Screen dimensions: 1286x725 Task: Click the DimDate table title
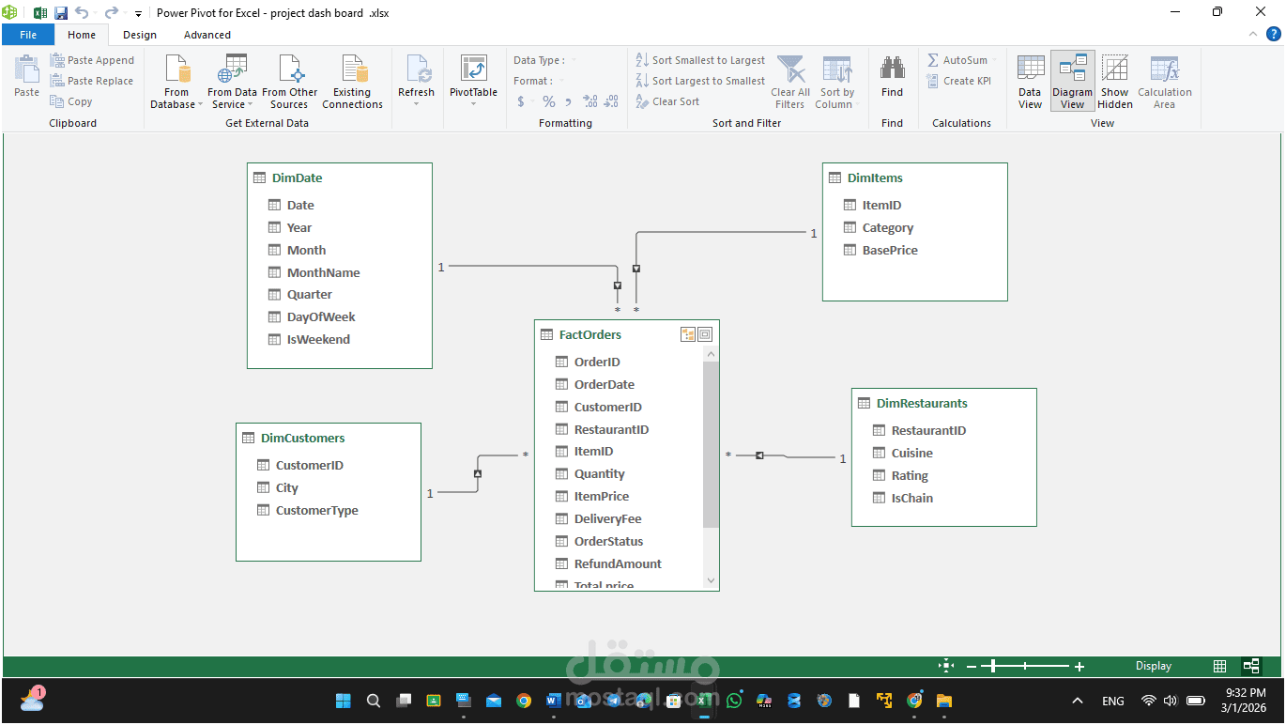point(297,178)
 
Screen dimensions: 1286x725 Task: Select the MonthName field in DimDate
point(323,273)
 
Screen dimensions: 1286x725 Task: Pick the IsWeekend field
point(318,340)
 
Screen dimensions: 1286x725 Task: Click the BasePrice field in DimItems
point(890,251)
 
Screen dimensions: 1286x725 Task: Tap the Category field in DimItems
point(888,228)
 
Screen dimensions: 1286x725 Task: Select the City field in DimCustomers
point(286,487)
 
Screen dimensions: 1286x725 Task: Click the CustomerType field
point(317,510)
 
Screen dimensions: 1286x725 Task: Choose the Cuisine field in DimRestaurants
point(911,454)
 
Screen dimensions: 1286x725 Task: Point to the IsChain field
point(911,498)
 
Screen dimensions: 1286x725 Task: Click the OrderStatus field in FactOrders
point(608,541)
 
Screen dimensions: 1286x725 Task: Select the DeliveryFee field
point(607,518)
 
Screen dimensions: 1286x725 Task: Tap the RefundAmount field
point(618,563)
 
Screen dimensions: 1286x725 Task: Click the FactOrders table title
point(590,335)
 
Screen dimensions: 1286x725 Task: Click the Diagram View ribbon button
point(1072,81)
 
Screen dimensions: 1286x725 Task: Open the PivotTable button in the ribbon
point(473,81)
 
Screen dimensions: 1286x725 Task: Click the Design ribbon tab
point(140,35)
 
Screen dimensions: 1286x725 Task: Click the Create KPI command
point(959,81)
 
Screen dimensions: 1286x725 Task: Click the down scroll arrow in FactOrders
point(711,580)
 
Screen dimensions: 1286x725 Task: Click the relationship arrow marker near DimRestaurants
point(759,455)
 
